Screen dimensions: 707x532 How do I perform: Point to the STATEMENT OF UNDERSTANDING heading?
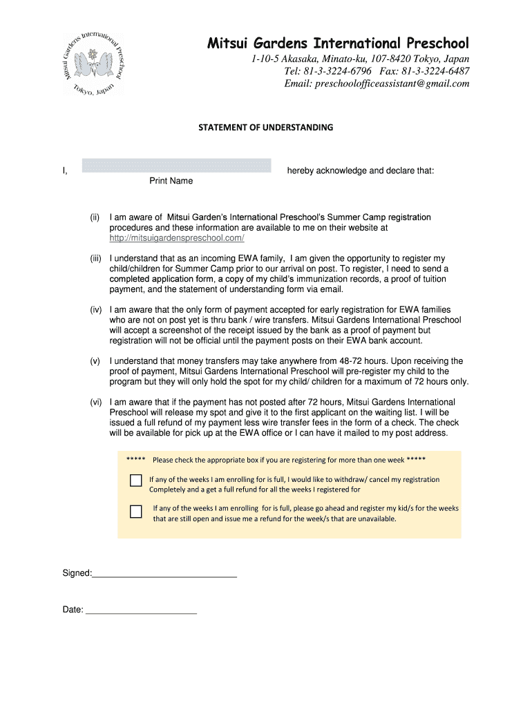point(266,128)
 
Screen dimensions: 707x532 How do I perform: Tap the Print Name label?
point(171,181)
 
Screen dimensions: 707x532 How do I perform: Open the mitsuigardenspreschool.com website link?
point(177,238)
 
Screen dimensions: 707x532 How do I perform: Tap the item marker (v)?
point(95,361)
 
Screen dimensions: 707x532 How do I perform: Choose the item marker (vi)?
point(95,402)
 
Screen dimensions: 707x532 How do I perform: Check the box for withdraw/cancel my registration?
point(136,481)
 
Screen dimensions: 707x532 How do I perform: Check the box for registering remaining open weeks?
point(136,512)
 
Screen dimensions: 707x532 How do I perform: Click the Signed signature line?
point(164,574)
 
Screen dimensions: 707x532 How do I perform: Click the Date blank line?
point(140,610)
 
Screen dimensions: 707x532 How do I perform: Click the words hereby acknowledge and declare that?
point(361,171)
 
